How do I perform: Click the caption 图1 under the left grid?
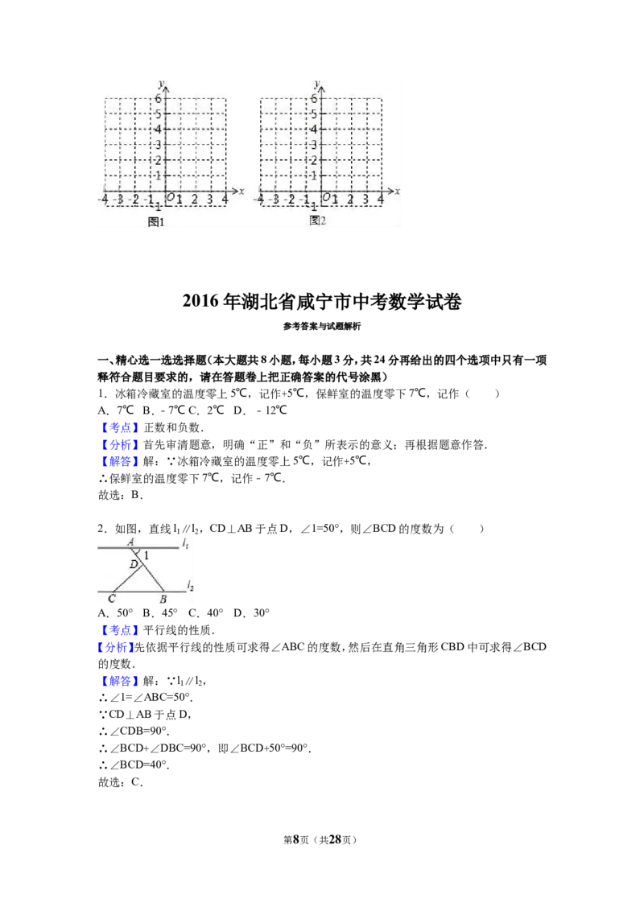[x=156, y=222]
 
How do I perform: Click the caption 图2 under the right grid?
[x=317, y=221]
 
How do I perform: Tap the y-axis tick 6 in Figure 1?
[x=159, y=98]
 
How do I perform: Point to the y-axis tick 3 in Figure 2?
[x=315, y=145]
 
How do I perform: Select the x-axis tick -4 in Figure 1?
[x=103, y=200]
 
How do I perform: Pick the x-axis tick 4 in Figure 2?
[x=381, y=199]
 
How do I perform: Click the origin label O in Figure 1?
[x=170, y=198]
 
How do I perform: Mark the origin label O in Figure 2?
[x=326, y=198]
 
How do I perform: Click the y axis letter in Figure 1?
[x=161, y=83]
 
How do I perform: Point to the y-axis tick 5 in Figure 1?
[x=159, y=113]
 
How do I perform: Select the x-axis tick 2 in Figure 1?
[x=194, y=200]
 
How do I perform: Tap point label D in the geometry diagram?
[x=134, y=565]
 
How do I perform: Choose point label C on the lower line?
[x=111, y=599]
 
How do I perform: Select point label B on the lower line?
[x=163, y=600]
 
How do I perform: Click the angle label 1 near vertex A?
[x=147, y=555]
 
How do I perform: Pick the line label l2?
[x=190, y=586]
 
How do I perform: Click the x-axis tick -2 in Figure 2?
[x=289, y=200]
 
